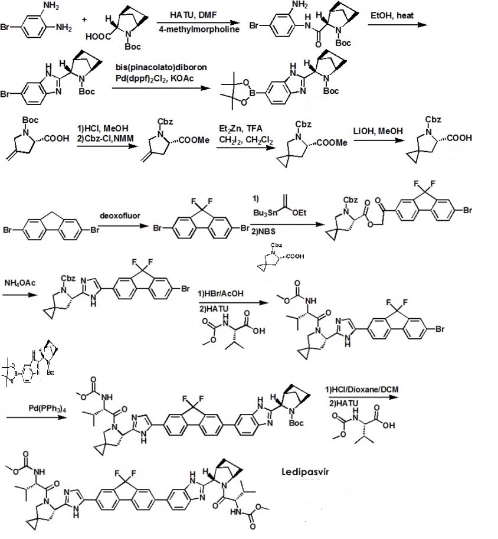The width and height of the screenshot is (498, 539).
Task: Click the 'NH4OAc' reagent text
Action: pyautogui.click(x=19, y=283)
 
